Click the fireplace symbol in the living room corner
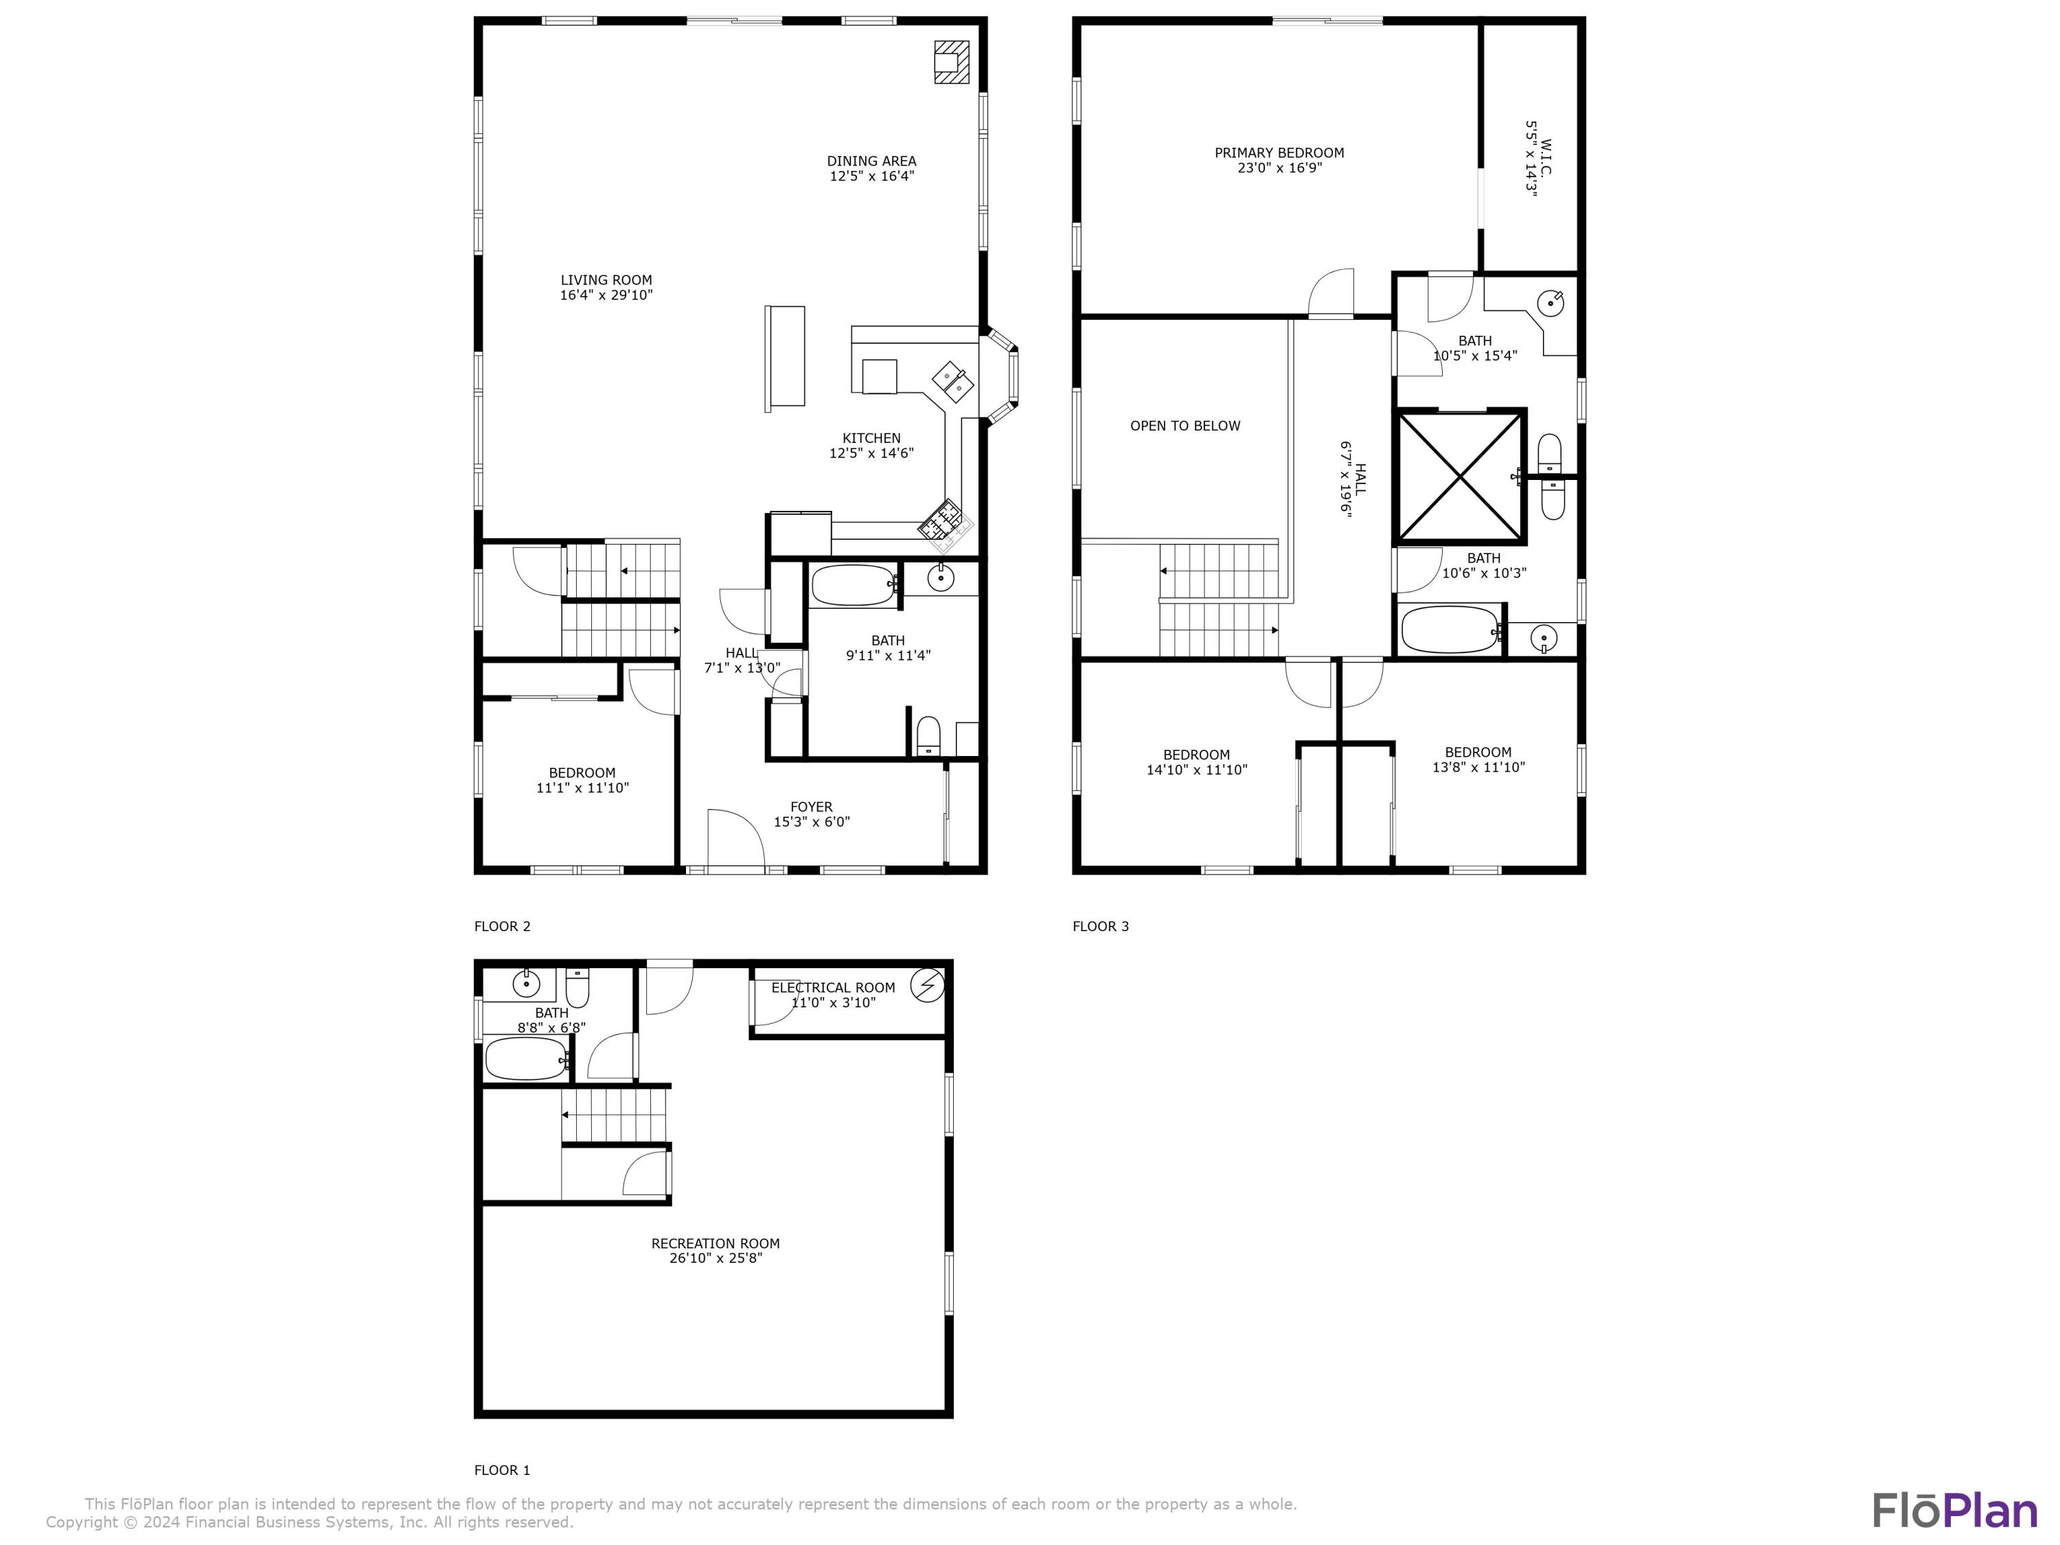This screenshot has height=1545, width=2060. [x=951, y=62]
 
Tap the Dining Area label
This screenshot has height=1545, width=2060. [x=871, y=161]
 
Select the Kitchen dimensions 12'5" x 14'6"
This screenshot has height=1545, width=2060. [x=871, y=453]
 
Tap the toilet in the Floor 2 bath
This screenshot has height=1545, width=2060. [x=928, y=735]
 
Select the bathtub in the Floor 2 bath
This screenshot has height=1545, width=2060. [x=852, y=585]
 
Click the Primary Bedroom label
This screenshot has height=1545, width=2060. [x=1279, y=152]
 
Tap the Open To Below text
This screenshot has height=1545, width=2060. [x=1184, y=426]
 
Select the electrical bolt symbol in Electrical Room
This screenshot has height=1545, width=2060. [x=926, y=985]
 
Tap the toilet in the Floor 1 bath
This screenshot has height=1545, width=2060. [x=577, y=988]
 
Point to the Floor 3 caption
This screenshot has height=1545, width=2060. [x=1100, y=926]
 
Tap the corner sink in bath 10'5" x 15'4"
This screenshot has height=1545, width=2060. [x=1550, y=303]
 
